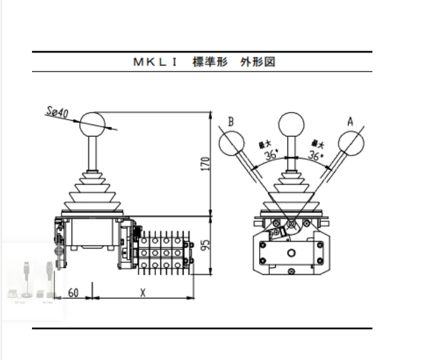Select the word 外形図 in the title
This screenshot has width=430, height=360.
260,63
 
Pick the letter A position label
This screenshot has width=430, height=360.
350,120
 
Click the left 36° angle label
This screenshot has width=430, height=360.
271,155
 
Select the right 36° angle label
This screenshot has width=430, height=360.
315,155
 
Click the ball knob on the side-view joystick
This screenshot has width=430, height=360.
93,123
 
